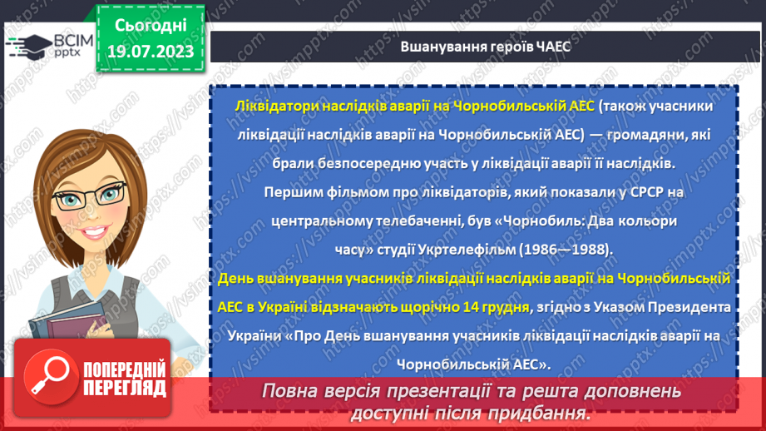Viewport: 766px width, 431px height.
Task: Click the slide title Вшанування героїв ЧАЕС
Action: (x=473, y=47)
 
